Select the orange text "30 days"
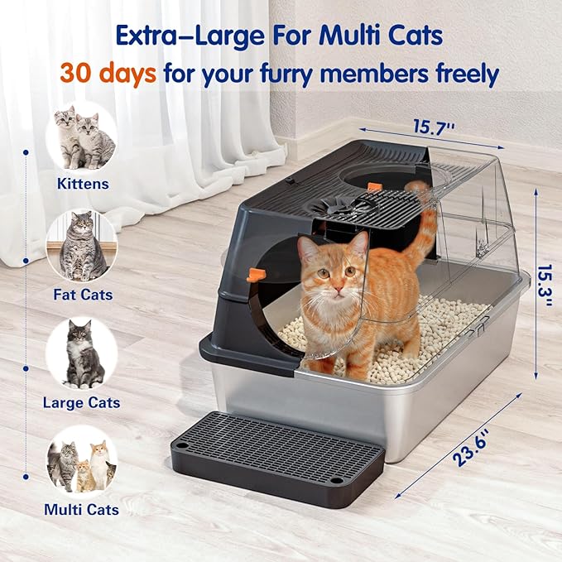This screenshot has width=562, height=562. [107, 74]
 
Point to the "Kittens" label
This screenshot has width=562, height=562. [82, 184]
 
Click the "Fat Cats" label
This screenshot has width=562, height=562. [82, 294]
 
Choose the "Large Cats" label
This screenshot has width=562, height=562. [82, 403]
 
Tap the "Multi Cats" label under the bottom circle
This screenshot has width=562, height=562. [82, 510]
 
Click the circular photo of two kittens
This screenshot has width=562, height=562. [82, 137]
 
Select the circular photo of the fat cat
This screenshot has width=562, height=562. [82, 246]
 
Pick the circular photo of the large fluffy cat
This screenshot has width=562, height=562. [82, 354]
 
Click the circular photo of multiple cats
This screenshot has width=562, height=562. [82, 463]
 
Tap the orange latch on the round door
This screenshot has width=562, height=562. [257, 274]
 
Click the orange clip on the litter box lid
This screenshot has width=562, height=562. [374, 186]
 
